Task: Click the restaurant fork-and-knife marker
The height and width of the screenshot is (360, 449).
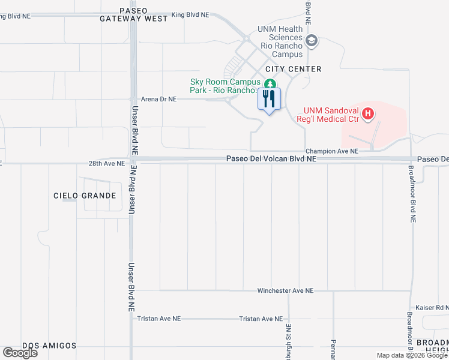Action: pos(269,99)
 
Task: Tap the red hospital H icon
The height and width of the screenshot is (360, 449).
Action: pos(369,112)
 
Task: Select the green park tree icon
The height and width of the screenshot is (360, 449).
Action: pos(270,84)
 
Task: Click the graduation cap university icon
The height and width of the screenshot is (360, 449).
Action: pos(311,41)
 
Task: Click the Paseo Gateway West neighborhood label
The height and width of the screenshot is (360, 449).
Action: pos(134,14)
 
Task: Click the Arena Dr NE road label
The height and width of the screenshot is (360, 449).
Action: pos(158,99)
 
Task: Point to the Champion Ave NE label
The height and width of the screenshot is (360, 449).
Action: pos(331,151)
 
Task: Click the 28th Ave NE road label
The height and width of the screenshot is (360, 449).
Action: pos(107,163)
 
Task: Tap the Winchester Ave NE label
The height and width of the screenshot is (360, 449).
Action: pos(285,290)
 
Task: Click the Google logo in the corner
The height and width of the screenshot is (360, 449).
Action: pos(20,353)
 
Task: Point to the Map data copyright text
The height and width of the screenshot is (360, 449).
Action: pos(411,355)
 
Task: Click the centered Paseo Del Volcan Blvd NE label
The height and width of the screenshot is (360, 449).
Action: pos(271,159)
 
